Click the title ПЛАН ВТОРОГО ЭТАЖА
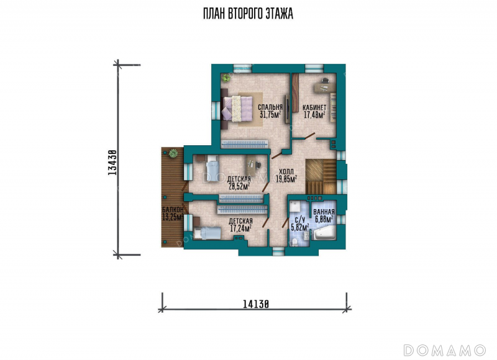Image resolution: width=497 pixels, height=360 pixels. pyautogui.click(x=248, y=14)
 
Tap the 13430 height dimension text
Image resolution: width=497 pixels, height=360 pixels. pyautogui.click(x=112, y=163)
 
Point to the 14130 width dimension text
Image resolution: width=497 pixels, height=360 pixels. pyautogui.click(x=256, y=304)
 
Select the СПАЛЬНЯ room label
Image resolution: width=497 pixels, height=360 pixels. pyautogui.click(x=270, y=107)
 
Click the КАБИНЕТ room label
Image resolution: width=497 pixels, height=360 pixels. pyautogui.click(x=314, y=107)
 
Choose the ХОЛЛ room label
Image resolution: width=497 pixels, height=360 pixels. pyautogui.click(x=286, y=172)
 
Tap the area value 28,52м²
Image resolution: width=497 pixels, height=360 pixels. pyautogui.click(x=239, y=186)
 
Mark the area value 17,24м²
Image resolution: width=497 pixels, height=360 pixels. pyautogui.click(x=240, y=228)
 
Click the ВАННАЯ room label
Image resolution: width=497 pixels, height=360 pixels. pyautogui.click(x=324, y=212)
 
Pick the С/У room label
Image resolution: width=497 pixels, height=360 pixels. pyautogui.click(x=300, y=220)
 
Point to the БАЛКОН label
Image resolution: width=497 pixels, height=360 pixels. pyautogui.click(x=173, y=210)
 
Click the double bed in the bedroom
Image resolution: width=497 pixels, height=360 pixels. pyautogui.click(x=237, y=108)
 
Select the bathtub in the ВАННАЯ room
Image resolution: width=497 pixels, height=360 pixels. pyautogui.click(x=324, y=233)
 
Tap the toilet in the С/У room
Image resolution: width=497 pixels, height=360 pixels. pyautogui.click(x=294, y=242)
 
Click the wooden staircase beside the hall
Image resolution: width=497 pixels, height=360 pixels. pyautogui.click(x=321, y=177)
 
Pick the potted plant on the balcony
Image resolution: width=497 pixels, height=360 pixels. pyautogui.click(x=173, y=153)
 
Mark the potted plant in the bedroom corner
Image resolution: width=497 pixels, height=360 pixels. pyautogui.click(x=226, y=78)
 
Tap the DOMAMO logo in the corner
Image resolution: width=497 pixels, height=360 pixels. pyautogui.click(x=445, y=350)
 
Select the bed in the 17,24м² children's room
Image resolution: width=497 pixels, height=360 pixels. pyautogui.click(x=207, y=233)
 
